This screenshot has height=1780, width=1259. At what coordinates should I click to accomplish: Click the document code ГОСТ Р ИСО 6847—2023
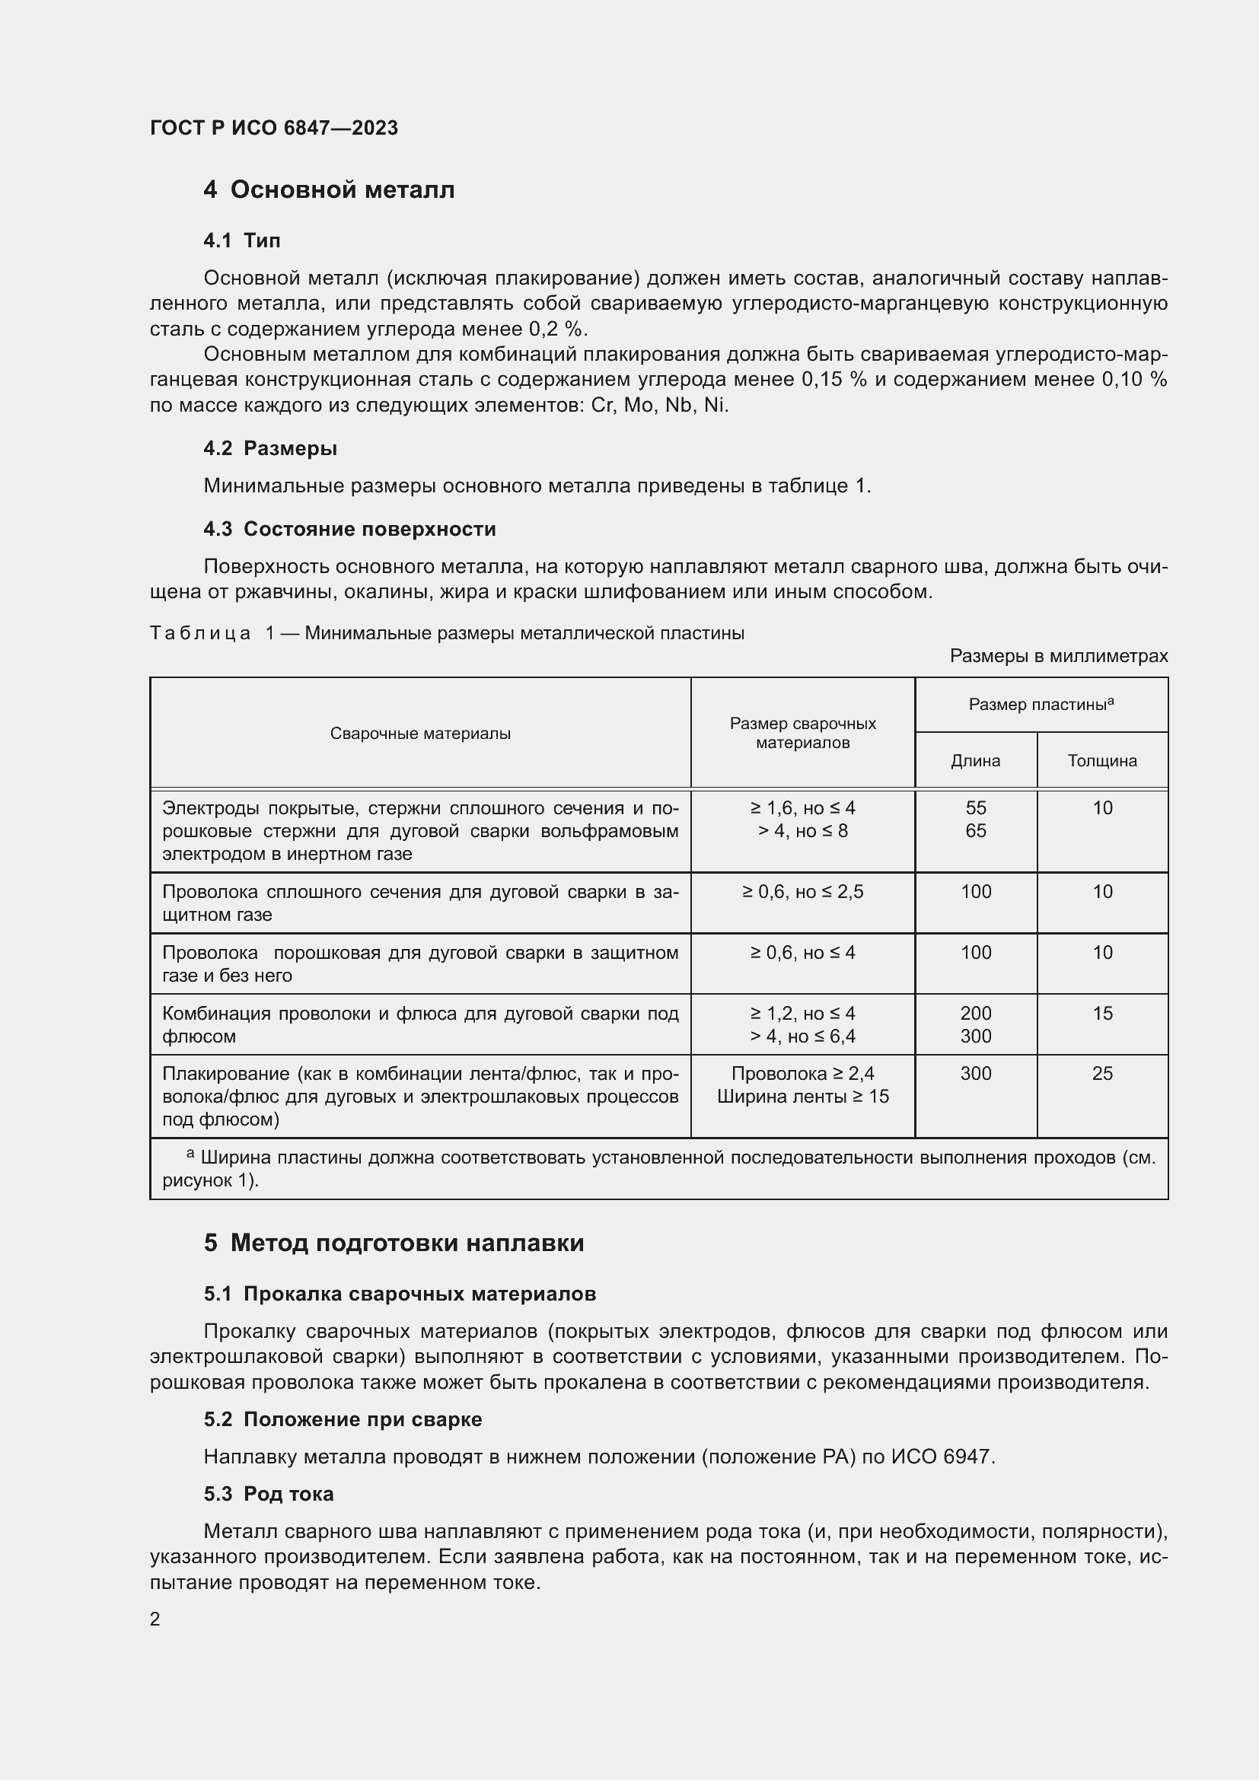(274, 128)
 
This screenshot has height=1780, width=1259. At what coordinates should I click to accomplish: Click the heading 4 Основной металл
(329, 189)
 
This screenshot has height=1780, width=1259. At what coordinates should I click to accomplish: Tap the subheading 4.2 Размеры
(269, 448)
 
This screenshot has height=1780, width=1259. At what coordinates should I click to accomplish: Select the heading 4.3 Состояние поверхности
(349, 529)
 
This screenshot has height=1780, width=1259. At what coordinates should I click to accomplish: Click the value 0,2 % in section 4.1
(558, 329)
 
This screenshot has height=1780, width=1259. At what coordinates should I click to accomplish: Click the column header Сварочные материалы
(420, 734)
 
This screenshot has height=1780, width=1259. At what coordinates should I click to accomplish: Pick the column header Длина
(975, 760)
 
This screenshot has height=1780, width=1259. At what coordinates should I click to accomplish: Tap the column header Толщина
(1101, 760)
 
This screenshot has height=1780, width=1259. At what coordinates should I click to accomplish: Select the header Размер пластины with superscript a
(1041, 704)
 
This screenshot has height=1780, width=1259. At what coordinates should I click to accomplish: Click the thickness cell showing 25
(1101, 1074)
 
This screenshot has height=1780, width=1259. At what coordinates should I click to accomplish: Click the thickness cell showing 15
(1101, 1013)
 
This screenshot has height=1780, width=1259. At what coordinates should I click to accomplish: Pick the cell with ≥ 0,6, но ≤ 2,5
(802, 892)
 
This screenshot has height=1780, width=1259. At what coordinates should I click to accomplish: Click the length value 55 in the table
(975, 808)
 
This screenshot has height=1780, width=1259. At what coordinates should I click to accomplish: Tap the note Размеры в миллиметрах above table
(1058, 656)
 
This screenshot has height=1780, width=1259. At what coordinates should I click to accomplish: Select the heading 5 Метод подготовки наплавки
(394, 1243)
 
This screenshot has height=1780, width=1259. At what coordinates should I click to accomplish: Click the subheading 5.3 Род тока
(268, 1494)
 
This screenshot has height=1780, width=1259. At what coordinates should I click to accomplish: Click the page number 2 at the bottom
(155, 1619)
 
